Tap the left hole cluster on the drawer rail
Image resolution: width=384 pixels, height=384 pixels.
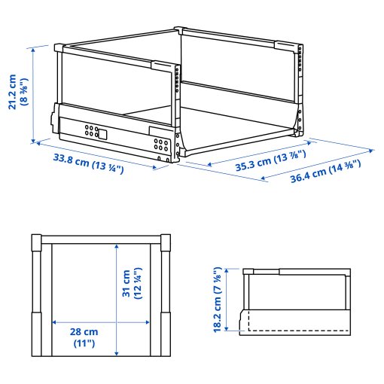91,130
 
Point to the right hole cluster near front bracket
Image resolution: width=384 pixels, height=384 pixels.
160,143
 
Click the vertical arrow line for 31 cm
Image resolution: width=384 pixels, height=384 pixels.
116,301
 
